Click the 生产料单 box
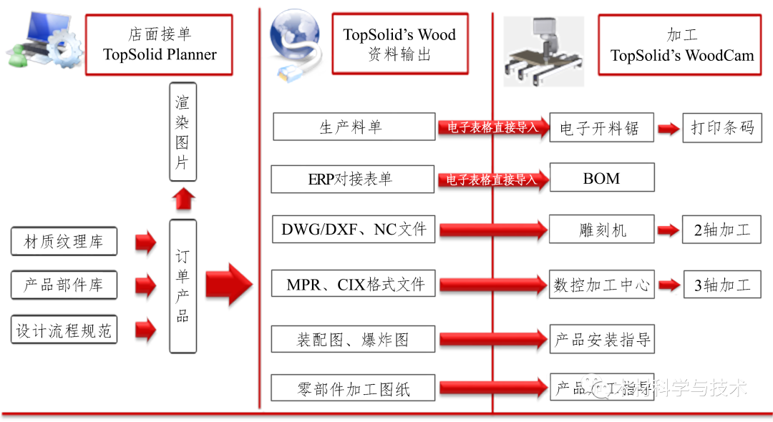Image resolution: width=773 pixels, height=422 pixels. click(354, 127)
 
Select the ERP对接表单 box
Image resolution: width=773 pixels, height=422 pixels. click(352, 179)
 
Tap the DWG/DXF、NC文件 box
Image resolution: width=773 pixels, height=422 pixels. click(354, 230)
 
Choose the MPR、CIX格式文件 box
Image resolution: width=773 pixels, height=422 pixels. click(354, 284)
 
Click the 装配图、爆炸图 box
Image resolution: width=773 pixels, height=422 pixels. click(353, 338)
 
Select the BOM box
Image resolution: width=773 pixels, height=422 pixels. click(601, 178)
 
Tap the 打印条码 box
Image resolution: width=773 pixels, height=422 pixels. click(721, 128)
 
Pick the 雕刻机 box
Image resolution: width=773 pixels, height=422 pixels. click(602, 230)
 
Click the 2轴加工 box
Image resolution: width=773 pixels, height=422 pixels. click(721, 230)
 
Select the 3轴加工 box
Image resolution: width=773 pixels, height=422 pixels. click(721, 284)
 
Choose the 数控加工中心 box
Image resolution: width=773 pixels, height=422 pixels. click(602, 284)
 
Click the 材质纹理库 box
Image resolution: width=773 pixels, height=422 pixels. click(64, 242)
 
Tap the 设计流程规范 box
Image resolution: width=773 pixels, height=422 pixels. click(64, 330)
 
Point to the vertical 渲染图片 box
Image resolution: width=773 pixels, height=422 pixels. click(183, 132)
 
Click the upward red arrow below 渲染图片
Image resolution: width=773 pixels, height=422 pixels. click(183, 199)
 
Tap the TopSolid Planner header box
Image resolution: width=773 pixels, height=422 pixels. click(159, 44)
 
